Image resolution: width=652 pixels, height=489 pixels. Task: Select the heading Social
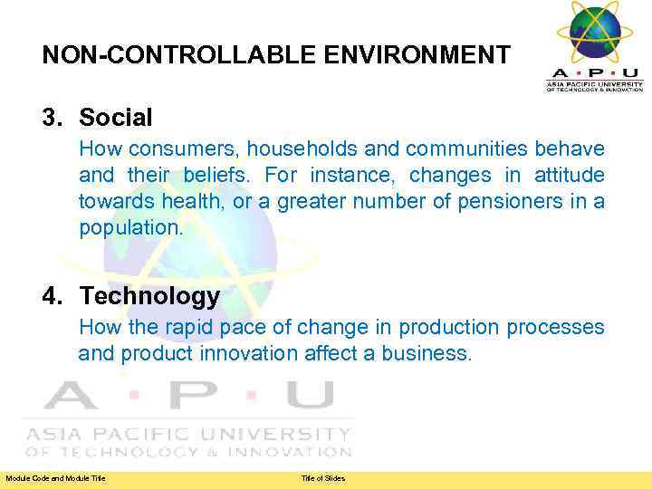(116, 117)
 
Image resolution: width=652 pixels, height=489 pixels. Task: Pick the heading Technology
(149, 296)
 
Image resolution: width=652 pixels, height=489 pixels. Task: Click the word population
(130, 228)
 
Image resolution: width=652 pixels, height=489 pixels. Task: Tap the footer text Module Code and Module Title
(55, 478)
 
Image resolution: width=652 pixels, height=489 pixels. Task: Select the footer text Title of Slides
(323, 478)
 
